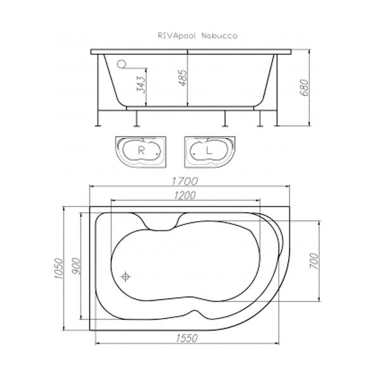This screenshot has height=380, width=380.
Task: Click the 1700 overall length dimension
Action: click(188, 180)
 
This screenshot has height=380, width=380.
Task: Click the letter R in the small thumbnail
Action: click(142, 151)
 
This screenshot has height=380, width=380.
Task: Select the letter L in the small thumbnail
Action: click(208, 151)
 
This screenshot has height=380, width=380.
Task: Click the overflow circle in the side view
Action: click(122, 63)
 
